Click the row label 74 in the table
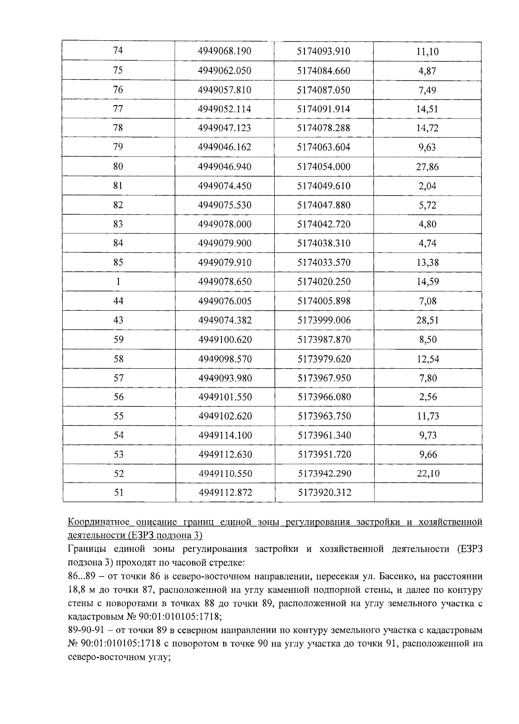(x=118, y=51)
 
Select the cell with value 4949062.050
(x=224, y=71)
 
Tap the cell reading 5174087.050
(x=324, y=90)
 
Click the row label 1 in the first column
(x=118, y=281)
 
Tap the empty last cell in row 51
(x=428, y=492)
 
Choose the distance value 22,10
(x=428, y=473)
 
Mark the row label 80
(x=118, y=167)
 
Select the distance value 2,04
(x=427, y=186)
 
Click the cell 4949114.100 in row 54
(x=225, y=435)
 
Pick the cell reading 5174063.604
(x=324, y=147)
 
